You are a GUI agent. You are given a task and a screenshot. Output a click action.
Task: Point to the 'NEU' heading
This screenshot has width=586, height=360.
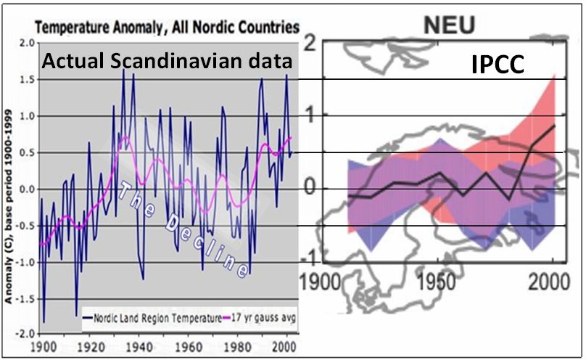tap(449, 26)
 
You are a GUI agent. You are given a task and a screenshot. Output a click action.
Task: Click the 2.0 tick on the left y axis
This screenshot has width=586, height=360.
tap(27, 44)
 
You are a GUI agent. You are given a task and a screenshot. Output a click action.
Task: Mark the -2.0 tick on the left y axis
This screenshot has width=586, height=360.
tap(25, 334)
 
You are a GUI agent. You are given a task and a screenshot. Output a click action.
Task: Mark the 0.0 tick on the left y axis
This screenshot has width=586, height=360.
tap(27, 189)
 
